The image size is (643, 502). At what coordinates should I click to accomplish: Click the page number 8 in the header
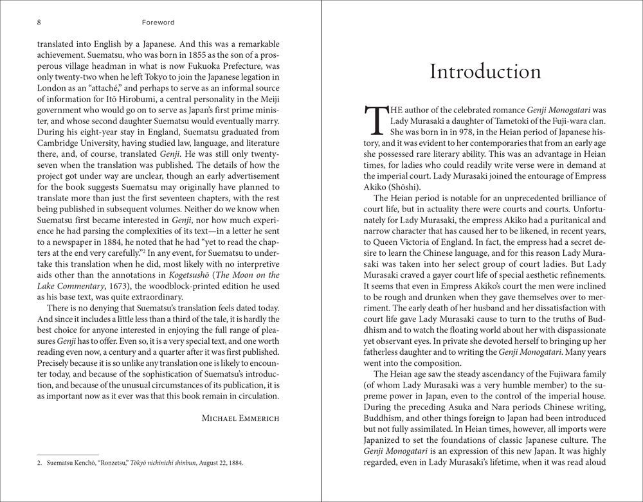(x=40, y=22)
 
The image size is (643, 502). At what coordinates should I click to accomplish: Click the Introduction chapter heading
(x=485, y=71)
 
